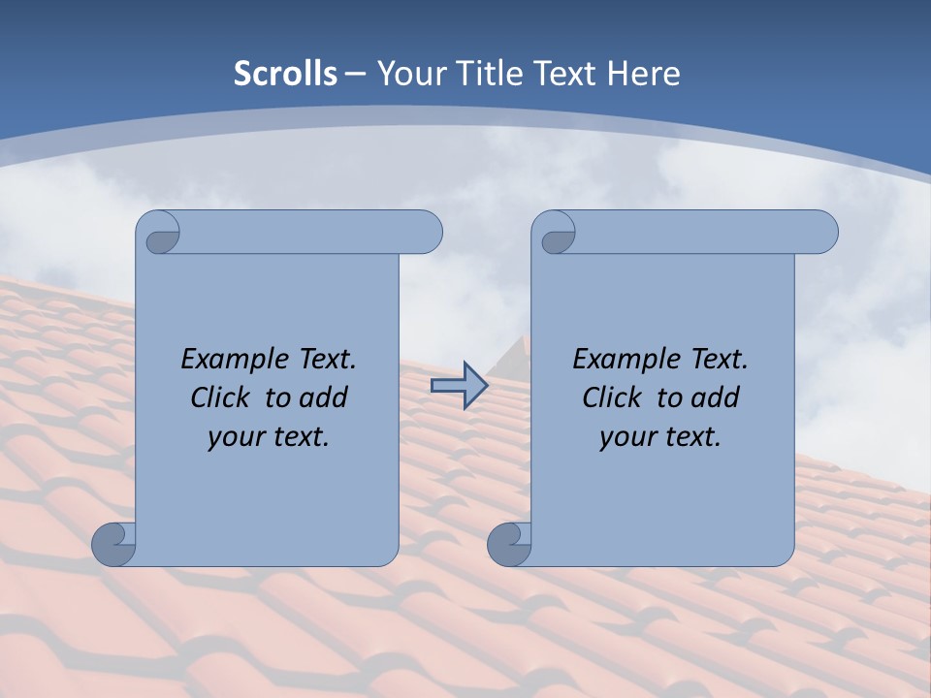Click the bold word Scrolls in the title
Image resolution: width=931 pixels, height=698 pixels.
click(285, 74)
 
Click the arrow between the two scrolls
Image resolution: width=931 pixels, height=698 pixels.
click(459, 386)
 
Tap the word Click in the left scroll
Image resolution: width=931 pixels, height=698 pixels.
click(221, 397)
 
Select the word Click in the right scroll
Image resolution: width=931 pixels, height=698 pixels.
click(613, 397)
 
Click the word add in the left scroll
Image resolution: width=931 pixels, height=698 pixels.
click(325, 397)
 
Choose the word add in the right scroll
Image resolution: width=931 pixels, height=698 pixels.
click(717, 397)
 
